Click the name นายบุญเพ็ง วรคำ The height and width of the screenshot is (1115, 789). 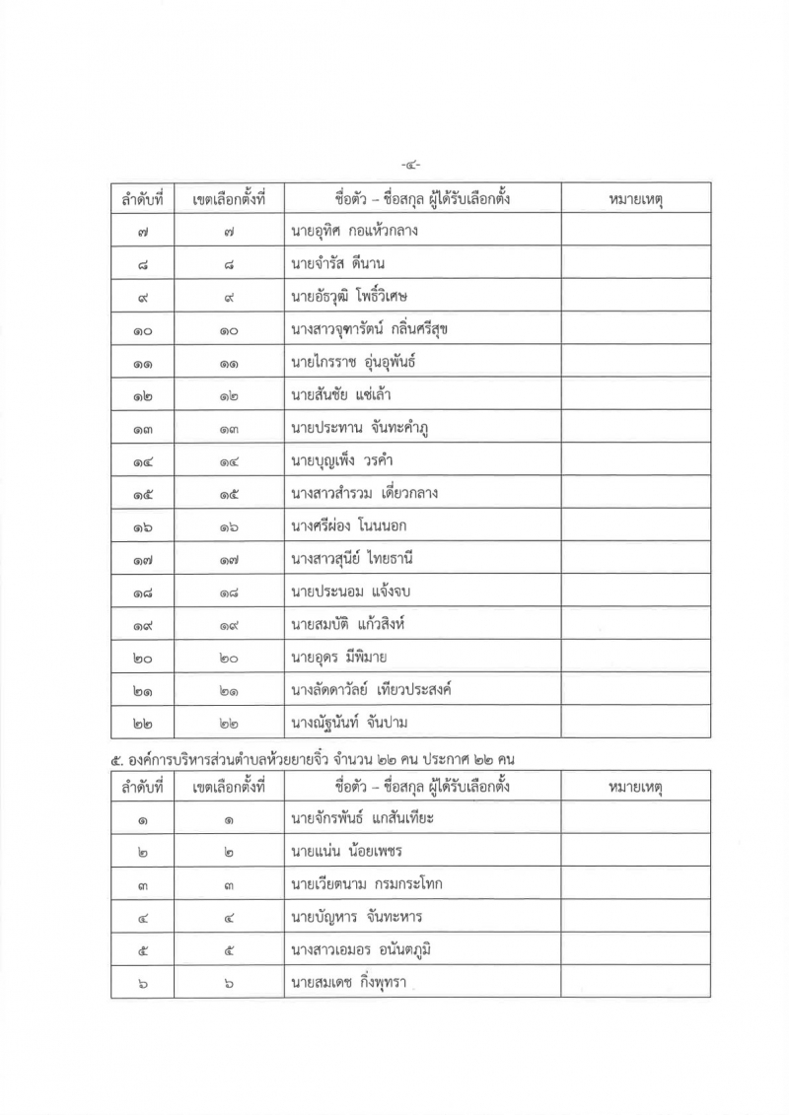pos(342,459)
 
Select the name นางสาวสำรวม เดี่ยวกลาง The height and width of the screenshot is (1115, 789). pos(364,493)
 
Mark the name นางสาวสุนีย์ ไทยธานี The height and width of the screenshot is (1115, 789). pos(351,559)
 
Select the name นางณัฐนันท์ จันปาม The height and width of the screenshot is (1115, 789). pos(350,723)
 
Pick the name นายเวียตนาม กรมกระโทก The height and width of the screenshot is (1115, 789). pos(366,883)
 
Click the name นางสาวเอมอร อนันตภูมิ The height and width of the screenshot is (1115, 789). pos(363,949)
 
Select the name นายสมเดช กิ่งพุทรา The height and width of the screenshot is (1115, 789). pos(350,982)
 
